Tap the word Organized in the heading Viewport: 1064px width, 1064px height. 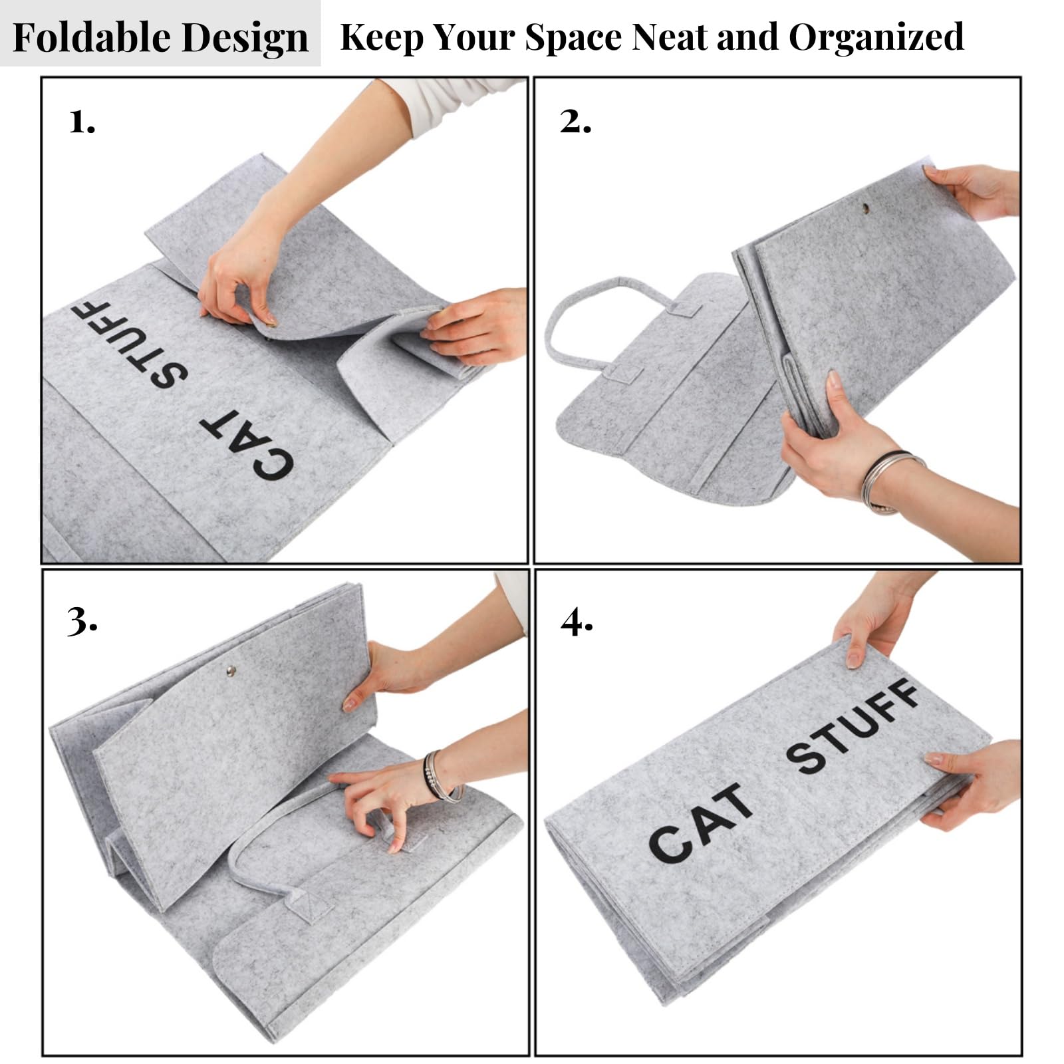point(876,37)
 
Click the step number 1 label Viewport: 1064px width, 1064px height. point(82,122)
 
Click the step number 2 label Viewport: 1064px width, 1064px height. point(575,122)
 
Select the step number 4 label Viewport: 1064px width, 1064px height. point(577,622)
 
